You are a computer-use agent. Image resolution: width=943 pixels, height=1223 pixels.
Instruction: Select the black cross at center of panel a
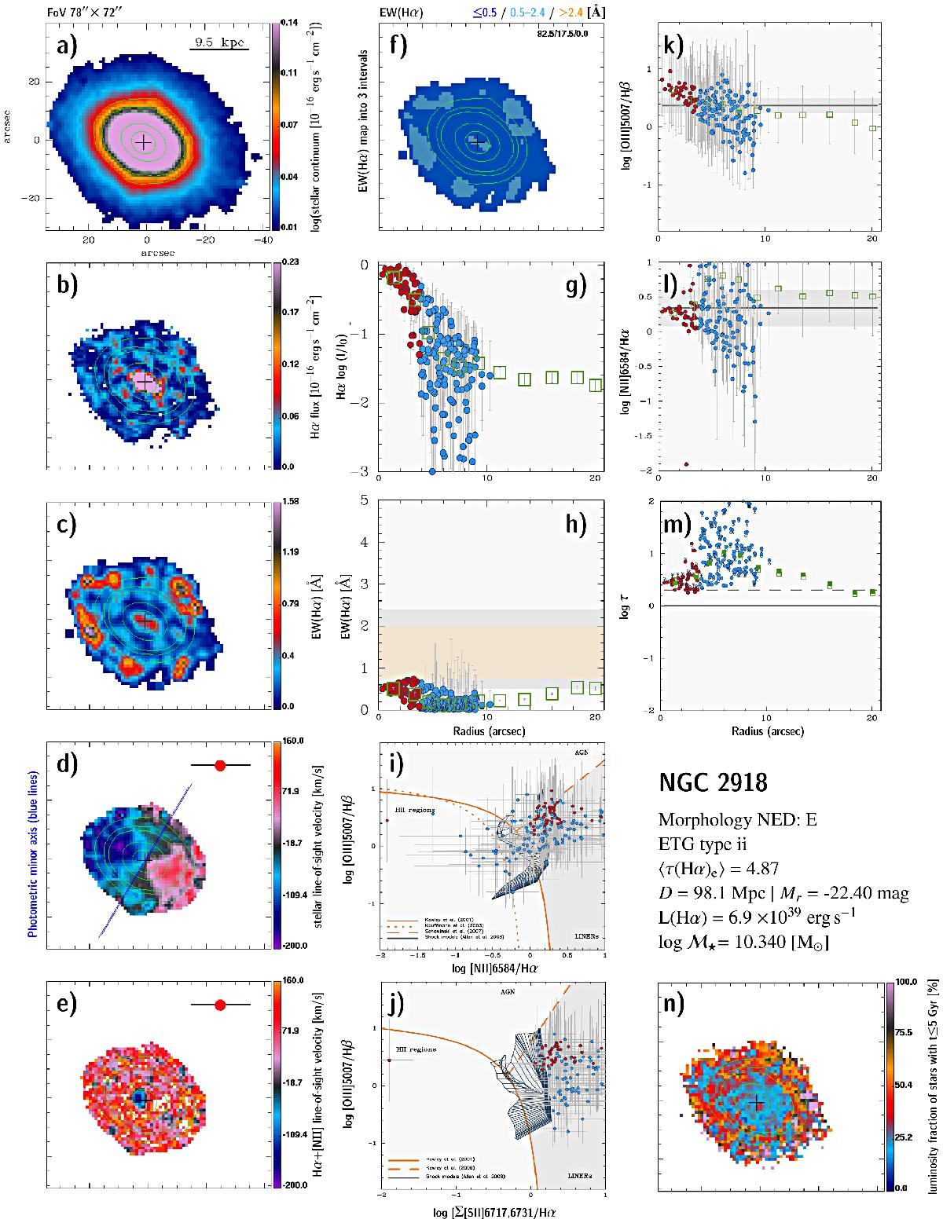[143, 142]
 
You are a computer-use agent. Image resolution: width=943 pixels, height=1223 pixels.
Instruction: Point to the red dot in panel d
[220, 764]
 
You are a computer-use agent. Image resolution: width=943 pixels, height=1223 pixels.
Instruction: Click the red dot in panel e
[220, 1005]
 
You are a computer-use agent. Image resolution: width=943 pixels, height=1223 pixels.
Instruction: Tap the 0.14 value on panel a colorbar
[288, 22]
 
